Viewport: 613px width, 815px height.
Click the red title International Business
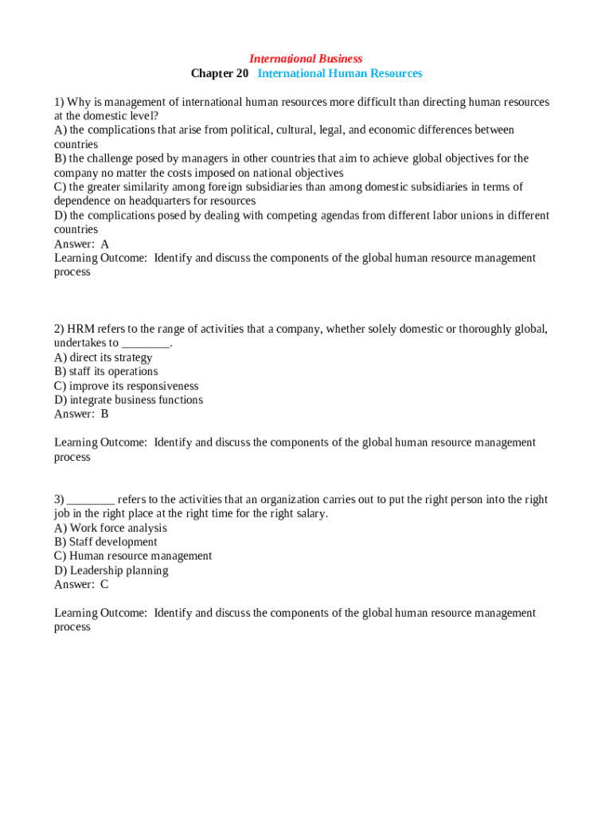click(x=306, y=59)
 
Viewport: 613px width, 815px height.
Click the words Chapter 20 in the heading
click(x=220, y=73)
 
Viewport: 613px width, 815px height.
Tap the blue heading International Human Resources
click(x=340, y=73)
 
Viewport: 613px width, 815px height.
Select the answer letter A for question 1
click(x=105, y=244)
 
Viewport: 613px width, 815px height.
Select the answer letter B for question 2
click(x=104, y=414)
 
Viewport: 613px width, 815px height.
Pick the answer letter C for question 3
click(x=104, y=584)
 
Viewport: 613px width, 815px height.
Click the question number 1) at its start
click(x=59, y=102)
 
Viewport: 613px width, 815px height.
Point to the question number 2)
click(x=59, y=329)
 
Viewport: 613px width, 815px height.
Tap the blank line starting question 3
click(x=91, y=500)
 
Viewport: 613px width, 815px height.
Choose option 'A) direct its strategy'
click(x=103, y=357)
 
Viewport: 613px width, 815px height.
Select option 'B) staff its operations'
click(x=106, y=372)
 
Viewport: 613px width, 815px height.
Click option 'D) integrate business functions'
click(x=128, y=400)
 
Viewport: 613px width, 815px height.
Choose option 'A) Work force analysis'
click(x=111, y=528)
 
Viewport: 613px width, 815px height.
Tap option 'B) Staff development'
click(x=106, y=542)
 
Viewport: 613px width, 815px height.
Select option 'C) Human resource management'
click(x=133, y=556)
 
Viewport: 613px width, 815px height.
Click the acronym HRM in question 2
click(x=80, y=329)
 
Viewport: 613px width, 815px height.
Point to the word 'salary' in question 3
click(x=310, y=513)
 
